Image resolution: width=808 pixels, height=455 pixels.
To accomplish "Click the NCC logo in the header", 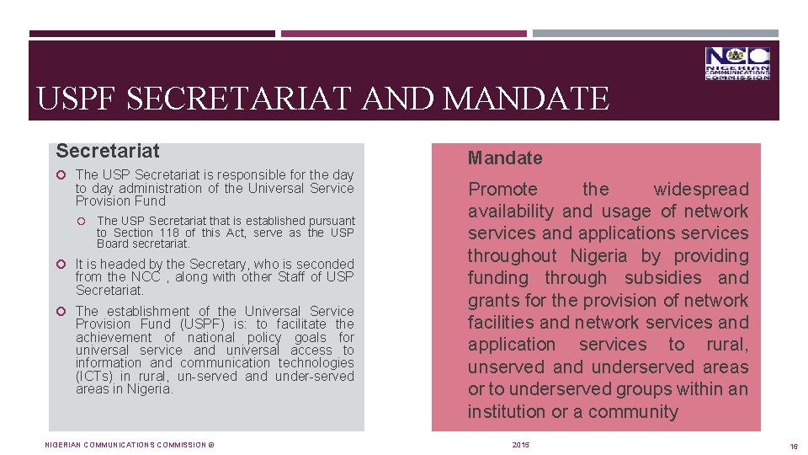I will [737, 64].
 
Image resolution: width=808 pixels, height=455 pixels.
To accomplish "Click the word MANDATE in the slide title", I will [525, 99].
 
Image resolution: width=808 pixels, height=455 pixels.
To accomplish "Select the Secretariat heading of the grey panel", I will [108, 152].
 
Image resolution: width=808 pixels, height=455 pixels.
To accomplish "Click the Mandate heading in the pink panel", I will [505, 158].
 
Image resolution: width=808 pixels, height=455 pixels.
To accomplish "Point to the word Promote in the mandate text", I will [502, 190].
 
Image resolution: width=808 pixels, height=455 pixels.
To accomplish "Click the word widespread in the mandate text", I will [700, 190].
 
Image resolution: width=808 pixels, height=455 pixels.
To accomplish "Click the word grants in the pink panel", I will [494, 301].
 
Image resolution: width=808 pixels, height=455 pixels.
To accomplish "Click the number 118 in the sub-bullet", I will [167, 233].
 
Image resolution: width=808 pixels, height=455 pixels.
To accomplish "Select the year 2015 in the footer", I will [521, 445].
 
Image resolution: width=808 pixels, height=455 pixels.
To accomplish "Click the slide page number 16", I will [794, 445].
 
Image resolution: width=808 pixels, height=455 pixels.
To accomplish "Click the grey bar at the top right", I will [656, 34].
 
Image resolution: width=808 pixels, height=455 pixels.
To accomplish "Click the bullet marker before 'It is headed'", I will [62, 265].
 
